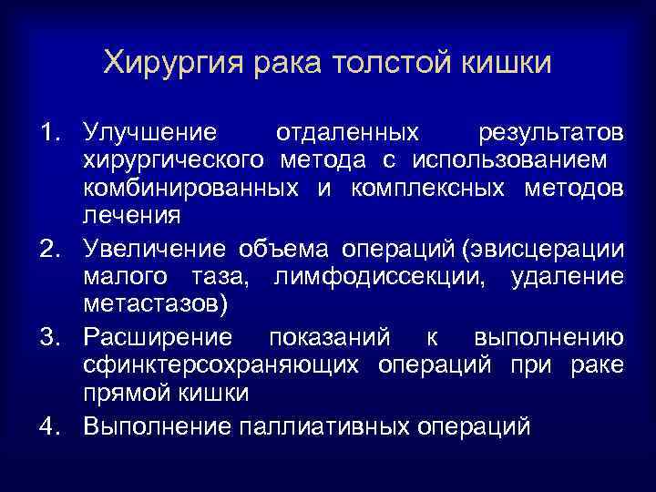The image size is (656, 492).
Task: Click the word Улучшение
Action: coord(149,133)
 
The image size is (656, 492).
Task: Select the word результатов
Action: coord(551,133)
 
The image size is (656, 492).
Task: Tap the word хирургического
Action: coord(176,161)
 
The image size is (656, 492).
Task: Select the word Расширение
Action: coord(158,338)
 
